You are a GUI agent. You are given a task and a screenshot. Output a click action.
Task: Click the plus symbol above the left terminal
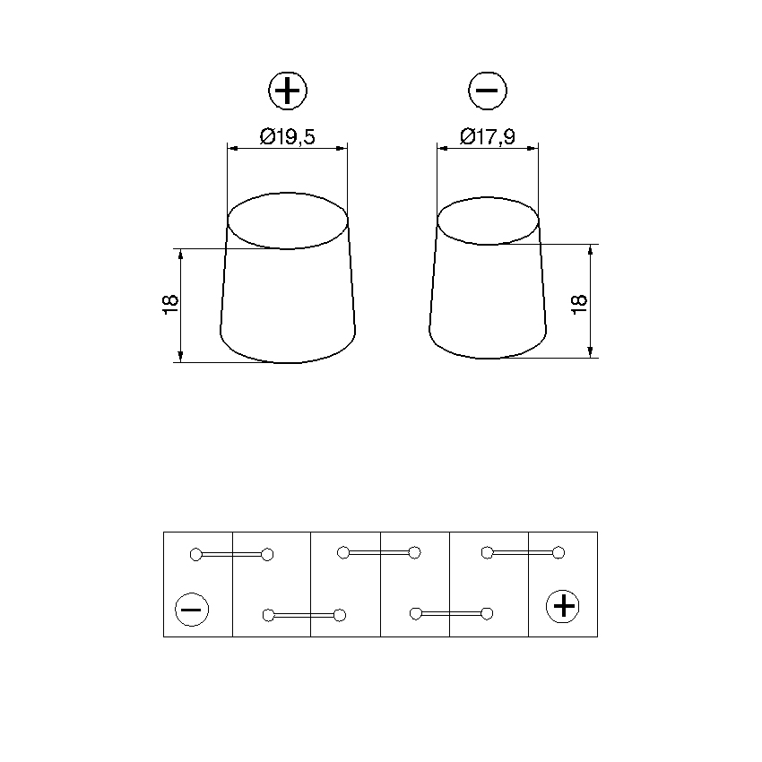(288, 91)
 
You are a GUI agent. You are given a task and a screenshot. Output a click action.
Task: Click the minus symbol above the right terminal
(488, 91)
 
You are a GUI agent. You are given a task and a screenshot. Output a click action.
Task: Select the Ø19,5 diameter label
(287, 136)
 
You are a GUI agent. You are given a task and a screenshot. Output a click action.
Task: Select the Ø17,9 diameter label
(488, 136)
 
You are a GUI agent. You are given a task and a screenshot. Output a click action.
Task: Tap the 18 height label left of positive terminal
(170, 305)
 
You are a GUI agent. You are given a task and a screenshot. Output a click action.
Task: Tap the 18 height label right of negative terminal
(579, 305)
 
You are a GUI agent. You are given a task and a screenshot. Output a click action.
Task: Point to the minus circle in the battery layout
(192, 610)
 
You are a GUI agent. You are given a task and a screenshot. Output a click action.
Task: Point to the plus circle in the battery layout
(563, 607)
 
